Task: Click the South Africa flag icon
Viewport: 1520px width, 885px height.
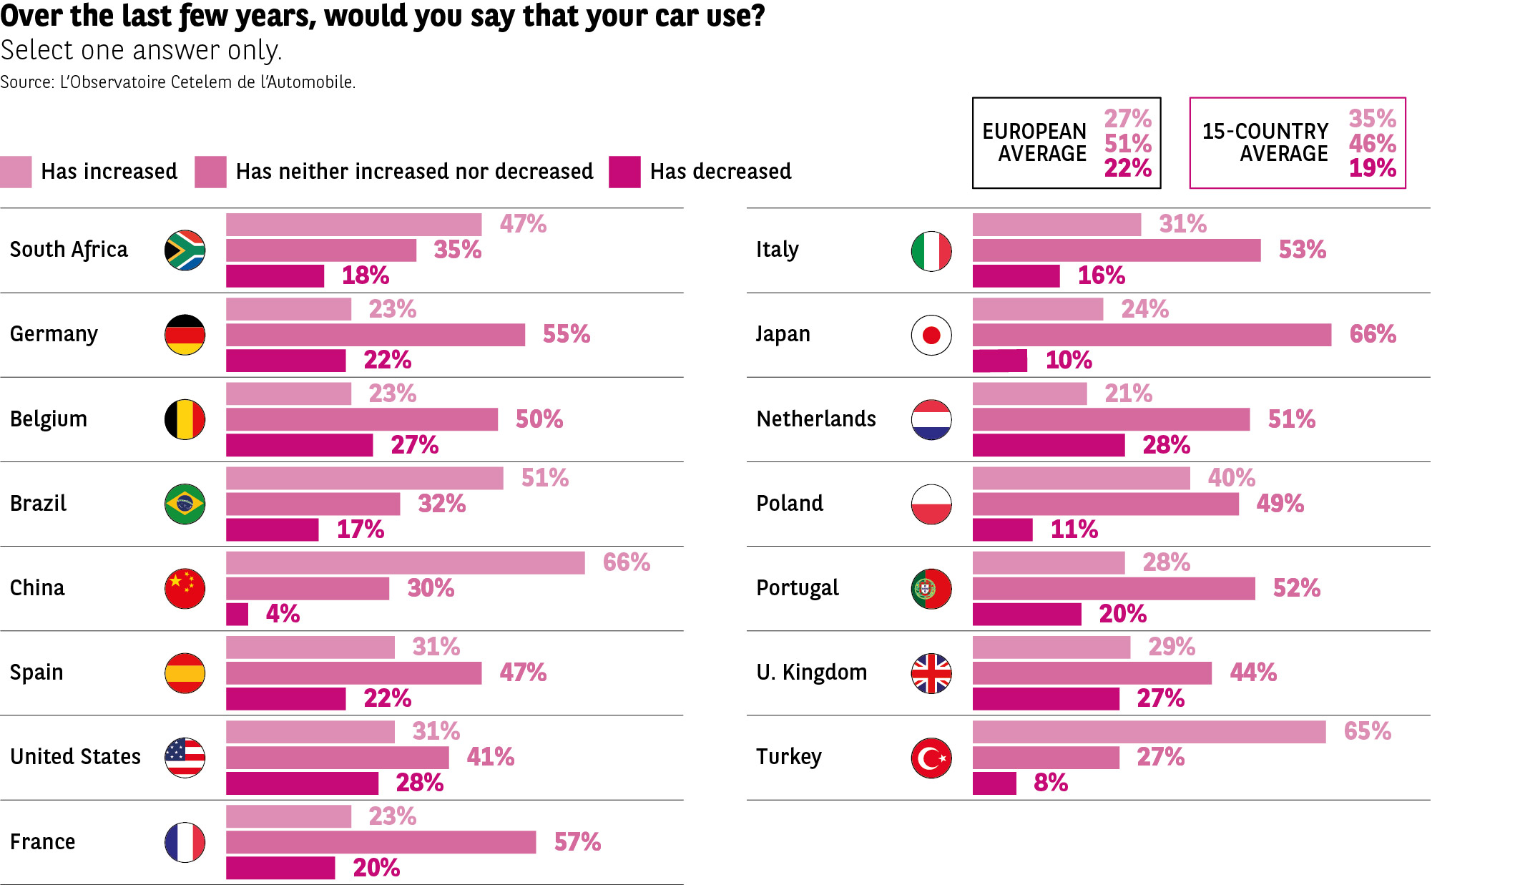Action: (185, 250)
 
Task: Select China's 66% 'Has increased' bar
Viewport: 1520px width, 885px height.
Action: (405, 563)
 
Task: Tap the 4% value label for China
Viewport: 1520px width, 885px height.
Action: (283, 614)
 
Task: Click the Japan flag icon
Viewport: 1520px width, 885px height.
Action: (931, 335)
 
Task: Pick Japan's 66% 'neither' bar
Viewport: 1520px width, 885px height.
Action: (1151, 335)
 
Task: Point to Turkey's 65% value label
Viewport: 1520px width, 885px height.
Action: (1367, 731)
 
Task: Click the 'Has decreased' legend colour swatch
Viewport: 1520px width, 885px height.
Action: (624, 172)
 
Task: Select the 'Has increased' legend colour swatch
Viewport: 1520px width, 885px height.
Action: (16, 172)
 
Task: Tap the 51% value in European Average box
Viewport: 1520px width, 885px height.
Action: (1127, 143)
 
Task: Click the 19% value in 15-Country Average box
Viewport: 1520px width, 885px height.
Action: (1372, 168)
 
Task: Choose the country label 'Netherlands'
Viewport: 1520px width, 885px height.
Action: (816, 419)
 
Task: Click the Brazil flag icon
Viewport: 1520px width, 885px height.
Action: (185, 504)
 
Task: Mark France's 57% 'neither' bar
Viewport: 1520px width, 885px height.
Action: (381, 842)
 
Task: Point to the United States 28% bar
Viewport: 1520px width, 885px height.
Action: (302, 783)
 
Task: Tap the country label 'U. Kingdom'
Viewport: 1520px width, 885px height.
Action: (811, 673)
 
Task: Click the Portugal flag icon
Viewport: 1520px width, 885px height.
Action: (931, 589)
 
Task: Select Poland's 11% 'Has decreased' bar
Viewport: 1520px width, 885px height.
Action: (1002, 530)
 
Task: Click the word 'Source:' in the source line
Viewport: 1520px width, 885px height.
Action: (27, 82)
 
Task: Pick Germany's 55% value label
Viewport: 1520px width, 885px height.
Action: (566, 334)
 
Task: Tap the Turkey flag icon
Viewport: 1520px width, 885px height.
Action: (931, 758)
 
